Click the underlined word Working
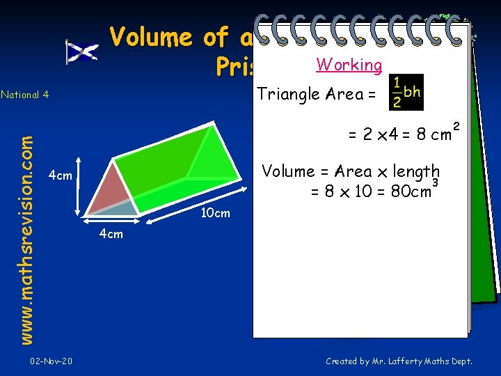pos(349,65)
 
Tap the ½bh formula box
pos(406,92)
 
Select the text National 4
pos(24,95)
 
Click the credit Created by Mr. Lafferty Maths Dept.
pos(399,361)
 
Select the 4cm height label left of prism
pos(60,175)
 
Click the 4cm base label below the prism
pos(111,233)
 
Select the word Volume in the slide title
pos(151,36)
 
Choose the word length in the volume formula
pos(417,171)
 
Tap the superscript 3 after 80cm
pos(435,182)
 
